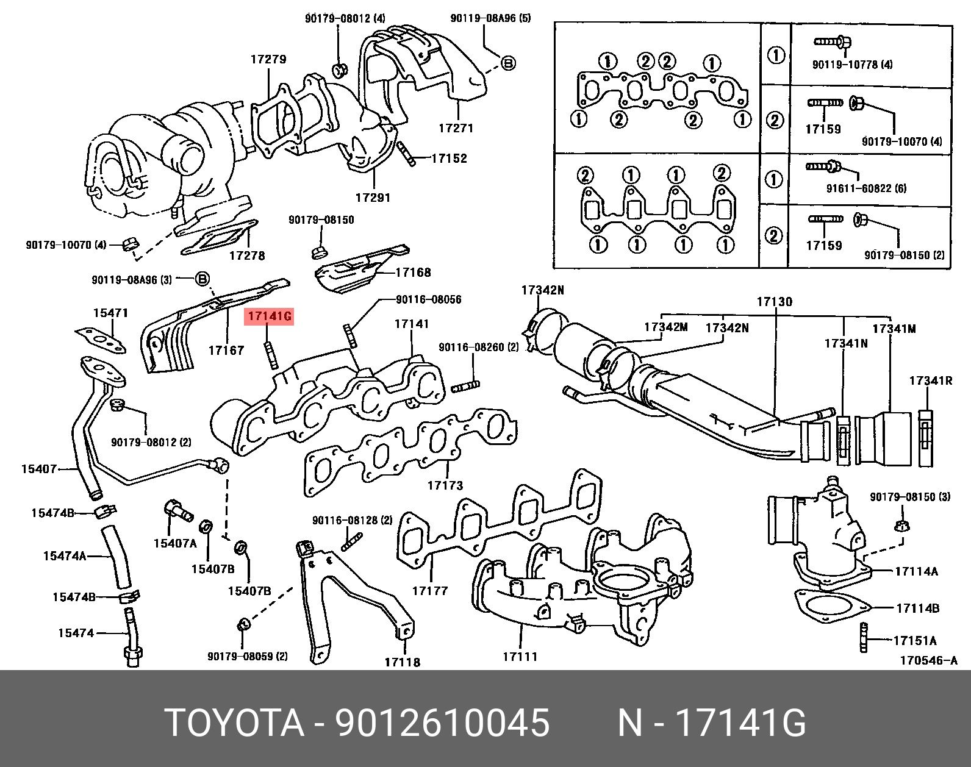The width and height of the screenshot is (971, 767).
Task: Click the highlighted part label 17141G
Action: [x=269, y=317]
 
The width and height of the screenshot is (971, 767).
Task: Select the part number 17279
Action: [x=268, y=60]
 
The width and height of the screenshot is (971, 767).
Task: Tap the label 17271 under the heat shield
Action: [x=456, y=129]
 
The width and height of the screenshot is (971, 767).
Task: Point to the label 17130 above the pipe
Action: [x=775, y=302]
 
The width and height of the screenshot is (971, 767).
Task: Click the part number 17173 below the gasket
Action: [x=445, y=486]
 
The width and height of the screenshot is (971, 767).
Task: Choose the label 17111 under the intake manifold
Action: [x=520, y=657]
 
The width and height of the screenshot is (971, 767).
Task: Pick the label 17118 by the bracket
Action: [x=402, y=662]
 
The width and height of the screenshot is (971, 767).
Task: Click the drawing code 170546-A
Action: [x=929, y=661]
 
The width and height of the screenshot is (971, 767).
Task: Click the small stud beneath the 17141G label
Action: [x=270, y=355]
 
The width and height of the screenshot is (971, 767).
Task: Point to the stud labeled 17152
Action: [x=406, y=154]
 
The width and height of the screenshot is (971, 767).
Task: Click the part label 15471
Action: [x=110, y=313]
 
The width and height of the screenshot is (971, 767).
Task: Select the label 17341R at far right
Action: [x=931, y=381]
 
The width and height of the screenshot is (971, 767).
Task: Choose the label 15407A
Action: [x=175, y=543]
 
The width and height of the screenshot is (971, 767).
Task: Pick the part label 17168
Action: [x=413, y=273]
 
